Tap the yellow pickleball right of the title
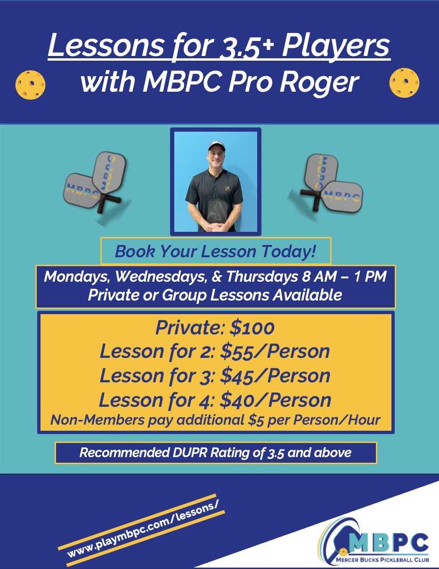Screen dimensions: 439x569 tap(405, 83)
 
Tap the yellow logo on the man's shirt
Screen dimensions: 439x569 tap(227, 188)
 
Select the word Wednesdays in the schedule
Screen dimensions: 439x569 tap(161, 277)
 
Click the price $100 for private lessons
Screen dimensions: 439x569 tap(252, 328)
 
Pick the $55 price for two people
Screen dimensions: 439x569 tap(237, 351)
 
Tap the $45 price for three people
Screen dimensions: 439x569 tap(237, 376)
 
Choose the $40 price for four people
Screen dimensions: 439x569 tap(237, 400)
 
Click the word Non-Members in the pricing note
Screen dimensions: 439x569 tap(98, 420)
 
